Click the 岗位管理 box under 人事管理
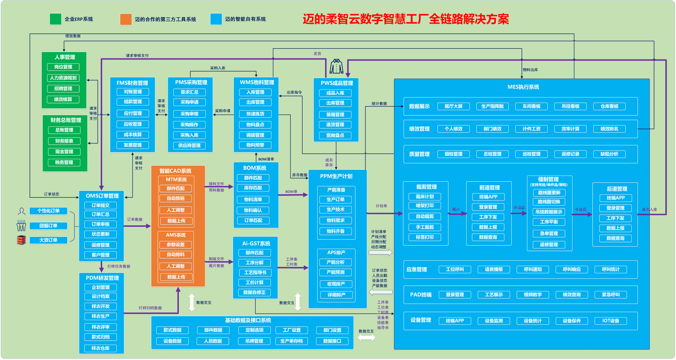(63, 67)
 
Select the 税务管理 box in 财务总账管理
(64, 163)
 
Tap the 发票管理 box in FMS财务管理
(133, 145)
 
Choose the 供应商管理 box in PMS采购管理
(189, 145)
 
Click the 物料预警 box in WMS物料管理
(255, 145)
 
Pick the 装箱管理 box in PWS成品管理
(335, 115)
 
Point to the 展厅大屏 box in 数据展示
(453, 106)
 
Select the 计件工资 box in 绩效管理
(531, 129)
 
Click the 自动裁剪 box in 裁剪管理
(425, 216)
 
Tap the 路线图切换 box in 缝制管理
(549, 202)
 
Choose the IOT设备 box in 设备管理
(611, 321)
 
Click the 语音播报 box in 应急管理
(494, 270)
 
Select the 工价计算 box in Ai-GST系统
(255, 283)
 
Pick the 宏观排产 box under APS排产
(336, 284)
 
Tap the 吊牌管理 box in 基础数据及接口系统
(254, 341)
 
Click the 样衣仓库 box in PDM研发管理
(100, 348)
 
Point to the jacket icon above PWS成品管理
(337, 67)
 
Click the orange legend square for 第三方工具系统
(126, 19)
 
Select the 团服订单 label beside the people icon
(48, 226)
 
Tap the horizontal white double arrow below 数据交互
(366, 338)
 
